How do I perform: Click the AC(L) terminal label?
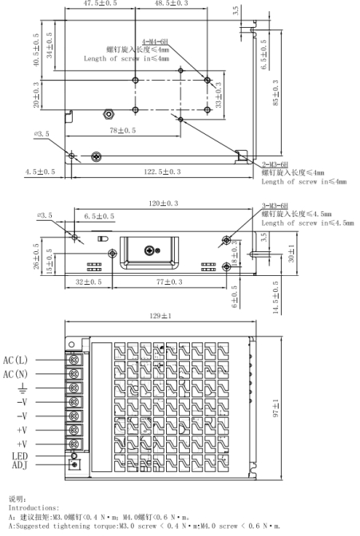click(15, 360)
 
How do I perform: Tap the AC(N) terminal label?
click(15, 374)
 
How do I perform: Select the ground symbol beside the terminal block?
click(22, 388)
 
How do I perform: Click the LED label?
click(19, 456)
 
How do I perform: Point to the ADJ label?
click(19, 465)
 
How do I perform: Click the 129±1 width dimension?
click(160, 316)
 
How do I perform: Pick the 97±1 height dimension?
click(276, 408)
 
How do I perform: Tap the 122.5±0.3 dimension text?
click(162, 171)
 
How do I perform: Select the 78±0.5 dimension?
click(122, 130)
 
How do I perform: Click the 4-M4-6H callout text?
click(155, 41)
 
